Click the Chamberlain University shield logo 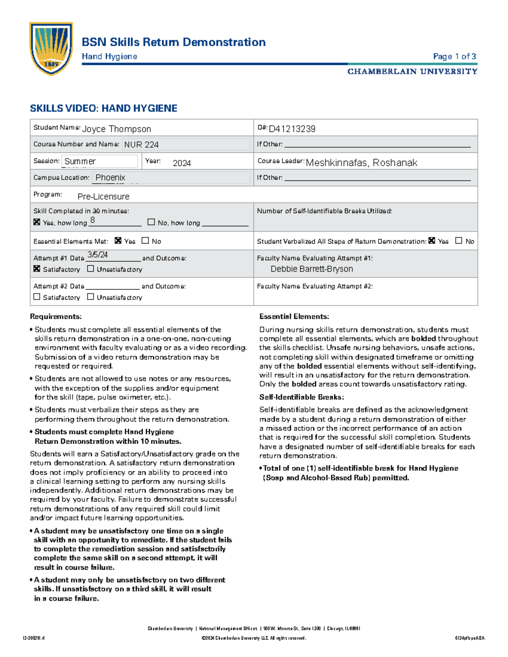[x=51, y=48]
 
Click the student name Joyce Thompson [x=116, y=129]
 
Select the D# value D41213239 [x=292, y=129]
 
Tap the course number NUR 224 [x=141, y=145]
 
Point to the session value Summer [x=80, y=161]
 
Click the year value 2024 [x=182, y=163]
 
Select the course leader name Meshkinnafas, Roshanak [x=362, y=163]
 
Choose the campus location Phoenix [x=110, y=178]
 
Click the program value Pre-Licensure [x=103, y=197]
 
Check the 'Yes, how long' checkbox [x=37, y=222]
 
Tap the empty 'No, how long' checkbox [x=151, y=222]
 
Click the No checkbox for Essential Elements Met [x=145, y=240]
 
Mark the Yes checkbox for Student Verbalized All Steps [x=432, y=240]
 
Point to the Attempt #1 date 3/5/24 [x=97, y=255]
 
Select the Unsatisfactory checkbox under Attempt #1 [x=90, y=269]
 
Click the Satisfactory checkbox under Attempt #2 [x=37, y=297]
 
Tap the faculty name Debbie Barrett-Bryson [x=312, y=269]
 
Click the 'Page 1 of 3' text [x=454, y=56]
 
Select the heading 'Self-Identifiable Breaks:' [x=301, y=397]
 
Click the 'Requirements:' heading [x=55, y=316]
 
